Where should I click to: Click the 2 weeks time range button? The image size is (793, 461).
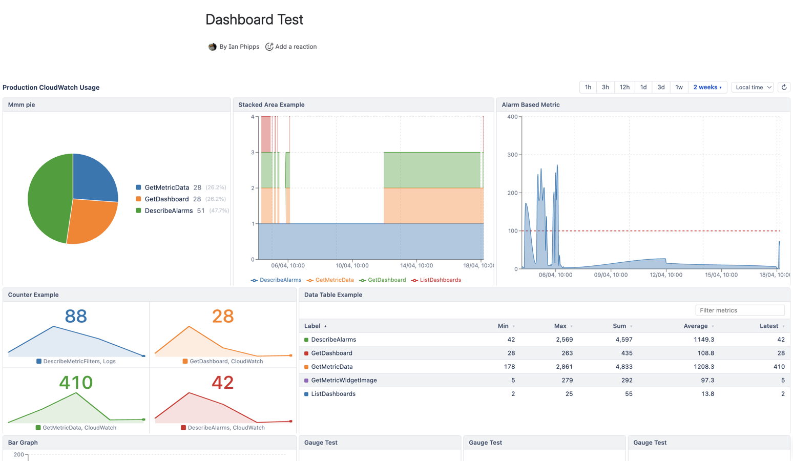707,88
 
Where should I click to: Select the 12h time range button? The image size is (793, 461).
624,88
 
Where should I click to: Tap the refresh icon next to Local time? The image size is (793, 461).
783,88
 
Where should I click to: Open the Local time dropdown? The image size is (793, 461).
753,88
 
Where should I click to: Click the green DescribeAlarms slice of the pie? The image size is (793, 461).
46,200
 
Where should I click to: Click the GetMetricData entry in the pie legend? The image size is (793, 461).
166,187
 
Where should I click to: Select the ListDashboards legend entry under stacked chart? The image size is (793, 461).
440,280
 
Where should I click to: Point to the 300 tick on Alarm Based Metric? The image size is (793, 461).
512,155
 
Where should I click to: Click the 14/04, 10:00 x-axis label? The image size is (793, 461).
416,266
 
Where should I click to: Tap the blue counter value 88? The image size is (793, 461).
76,317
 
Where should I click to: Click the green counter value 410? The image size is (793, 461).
76,383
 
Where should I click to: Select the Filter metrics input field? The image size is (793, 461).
739,310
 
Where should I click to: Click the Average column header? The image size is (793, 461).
695,326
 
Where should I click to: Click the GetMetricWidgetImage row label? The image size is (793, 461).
344,381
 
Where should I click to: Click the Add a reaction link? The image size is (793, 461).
295,47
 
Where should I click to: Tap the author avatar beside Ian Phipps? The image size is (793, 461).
213,47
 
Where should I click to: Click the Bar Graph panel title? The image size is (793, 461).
23,443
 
